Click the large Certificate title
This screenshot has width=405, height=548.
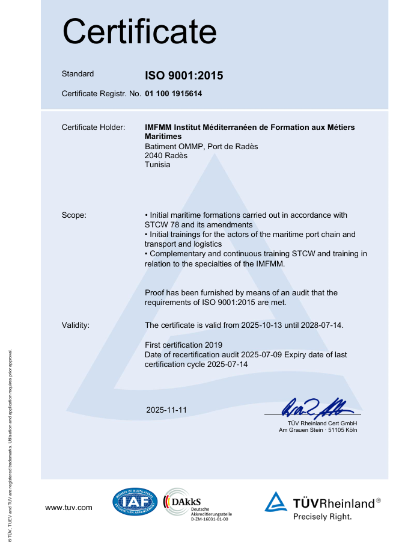[x=139, y=31]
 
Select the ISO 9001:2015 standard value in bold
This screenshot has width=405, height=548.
[x=184, y=76]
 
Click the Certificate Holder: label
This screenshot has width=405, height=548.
[x=93, y=128]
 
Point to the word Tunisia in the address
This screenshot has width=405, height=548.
[x=157, y=164]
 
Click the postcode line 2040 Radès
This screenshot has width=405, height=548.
[x=166, y=155]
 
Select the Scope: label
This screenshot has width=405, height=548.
[x=74, y=215]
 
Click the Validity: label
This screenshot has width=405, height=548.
[x=76, y=325]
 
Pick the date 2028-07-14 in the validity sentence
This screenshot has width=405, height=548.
[x=321, y=325]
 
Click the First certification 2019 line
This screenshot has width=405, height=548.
[x=184, y=345]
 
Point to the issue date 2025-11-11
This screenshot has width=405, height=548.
[x=166, y=410]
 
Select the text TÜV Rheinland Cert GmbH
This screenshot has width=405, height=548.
[x=322, y=423]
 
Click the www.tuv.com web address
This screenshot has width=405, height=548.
[x=69, y=508]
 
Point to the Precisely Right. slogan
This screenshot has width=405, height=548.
[x=322, y=516]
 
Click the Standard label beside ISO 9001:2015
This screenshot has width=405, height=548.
[x=78, y=74]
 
